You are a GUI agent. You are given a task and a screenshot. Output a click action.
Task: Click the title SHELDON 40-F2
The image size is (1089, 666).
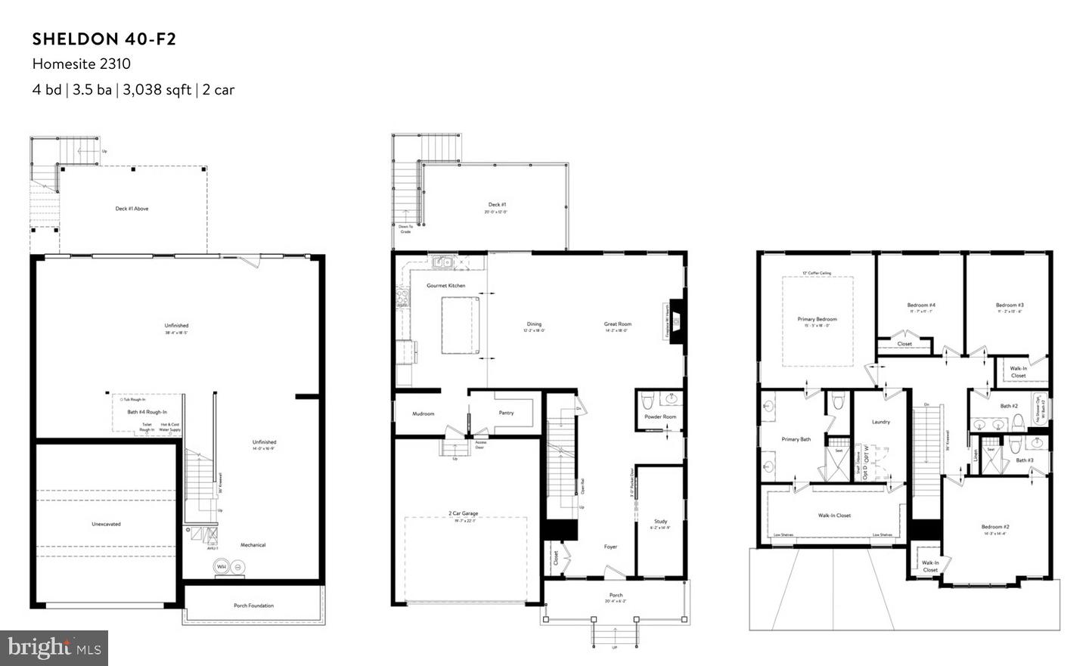pos(104,39)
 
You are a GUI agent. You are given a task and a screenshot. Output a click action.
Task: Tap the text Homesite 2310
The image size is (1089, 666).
pos(81,64)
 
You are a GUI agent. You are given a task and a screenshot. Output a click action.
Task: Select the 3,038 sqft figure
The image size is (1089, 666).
pos(157,90)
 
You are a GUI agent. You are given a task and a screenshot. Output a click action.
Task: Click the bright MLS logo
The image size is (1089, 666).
pos(54,648)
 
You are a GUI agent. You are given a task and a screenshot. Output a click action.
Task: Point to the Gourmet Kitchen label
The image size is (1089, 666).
pos(446,286)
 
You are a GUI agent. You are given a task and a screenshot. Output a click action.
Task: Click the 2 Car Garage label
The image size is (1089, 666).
pos(464,513)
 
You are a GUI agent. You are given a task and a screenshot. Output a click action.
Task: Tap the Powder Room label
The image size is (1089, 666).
pos(660,417)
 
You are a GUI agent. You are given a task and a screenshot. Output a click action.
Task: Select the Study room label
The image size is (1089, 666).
pos(660,522)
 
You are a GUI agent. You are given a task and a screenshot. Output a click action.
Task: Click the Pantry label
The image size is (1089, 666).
pos(506,413)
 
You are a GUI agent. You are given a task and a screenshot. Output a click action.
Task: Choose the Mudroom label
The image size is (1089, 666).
pos(423,414)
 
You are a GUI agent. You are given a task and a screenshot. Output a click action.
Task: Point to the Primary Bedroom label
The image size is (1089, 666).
pos(817,319)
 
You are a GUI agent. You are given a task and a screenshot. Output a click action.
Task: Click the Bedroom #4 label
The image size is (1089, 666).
pos(921,305)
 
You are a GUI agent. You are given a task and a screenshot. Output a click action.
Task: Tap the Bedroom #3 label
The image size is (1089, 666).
pos(1010,305)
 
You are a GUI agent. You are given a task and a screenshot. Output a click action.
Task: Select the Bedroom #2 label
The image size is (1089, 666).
pos(995,527)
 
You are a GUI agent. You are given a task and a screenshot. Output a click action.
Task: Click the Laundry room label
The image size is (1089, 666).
pos(880,422)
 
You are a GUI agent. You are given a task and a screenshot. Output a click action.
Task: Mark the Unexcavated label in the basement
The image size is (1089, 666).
pos(106,524)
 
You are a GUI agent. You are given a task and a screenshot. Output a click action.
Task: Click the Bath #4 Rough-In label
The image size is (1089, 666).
pos(147,412)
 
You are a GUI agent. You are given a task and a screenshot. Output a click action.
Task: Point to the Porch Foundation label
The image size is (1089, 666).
pos(253,606)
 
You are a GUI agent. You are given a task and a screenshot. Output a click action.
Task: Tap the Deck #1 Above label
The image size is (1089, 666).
pos(132,209)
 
